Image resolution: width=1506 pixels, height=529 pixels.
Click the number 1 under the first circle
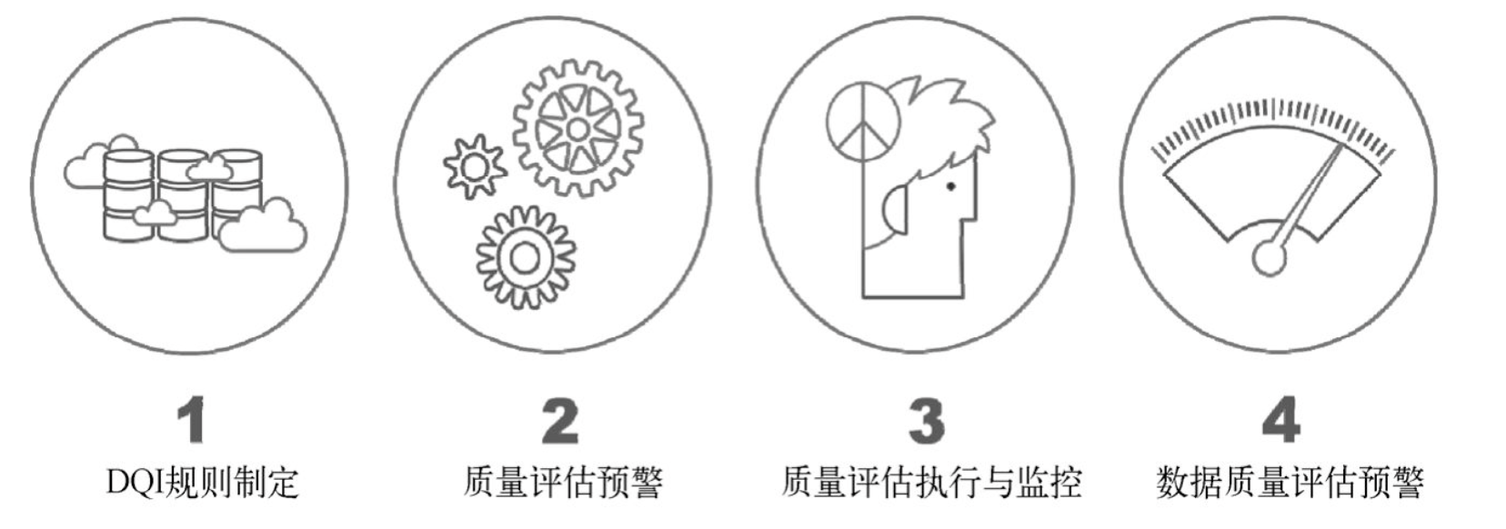click(192, 420)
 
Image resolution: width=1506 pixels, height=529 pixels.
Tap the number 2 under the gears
click(560, 421)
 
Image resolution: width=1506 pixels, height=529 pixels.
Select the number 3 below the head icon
click(927, 421)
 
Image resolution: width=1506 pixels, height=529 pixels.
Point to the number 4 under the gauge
click(1280, 420)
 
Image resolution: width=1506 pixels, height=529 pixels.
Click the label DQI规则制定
click(202, 483)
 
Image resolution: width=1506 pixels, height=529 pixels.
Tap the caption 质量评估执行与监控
click(932, 483)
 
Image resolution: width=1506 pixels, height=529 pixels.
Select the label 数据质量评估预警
click(1290, 483)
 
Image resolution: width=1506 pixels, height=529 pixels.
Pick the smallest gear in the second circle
click(475, 166)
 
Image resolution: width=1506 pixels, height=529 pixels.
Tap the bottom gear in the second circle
click(526, 257)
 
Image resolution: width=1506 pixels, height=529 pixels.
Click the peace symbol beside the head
click(863, 125)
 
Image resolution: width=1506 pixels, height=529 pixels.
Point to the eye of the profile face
click(950, 186)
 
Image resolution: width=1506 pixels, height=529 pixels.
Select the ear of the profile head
click(897, 209)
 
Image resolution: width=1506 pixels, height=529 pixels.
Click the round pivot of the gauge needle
click(1270, 257)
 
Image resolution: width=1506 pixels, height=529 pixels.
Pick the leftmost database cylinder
click(127, 195)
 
